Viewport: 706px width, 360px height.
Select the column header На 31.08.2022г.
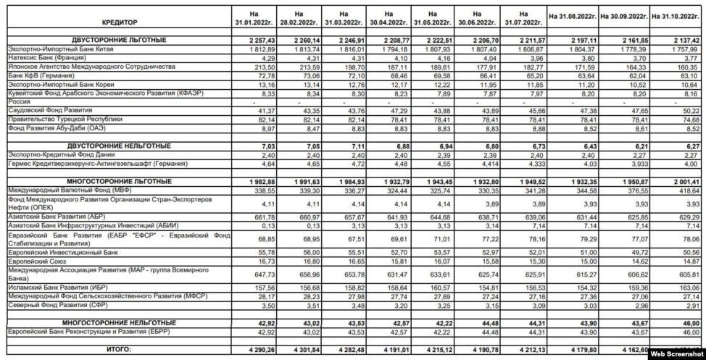572,14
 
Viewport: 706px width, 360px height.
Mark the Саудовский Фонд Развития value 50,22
690,109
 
